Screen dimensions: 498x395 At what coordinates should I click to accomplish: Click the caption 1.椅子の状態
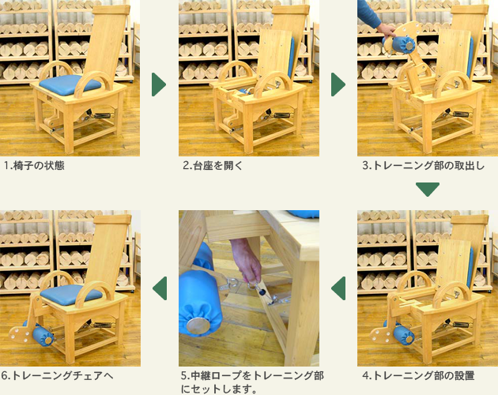34,165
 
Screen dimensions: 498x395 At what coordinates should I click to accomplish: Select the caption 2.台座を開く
213,165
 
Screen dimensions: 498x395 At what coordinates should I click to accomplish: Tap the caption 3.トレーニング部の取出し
424,165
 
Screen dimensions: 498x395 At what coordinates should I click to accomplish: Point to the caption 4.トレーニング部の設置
418,375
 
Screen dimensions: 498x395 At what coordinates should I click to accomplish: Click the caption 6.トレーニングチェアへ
57,375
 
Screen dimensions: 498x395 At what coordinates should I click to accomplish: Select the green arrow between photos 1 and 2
159,85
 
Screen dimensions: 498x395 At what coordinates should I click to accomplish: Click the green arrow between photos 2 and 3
338,85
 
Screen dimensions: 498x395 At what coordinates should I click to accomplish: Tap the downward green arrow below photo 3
428,190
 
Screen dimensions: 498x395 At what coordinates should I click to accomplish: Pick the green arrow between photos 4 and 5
338,288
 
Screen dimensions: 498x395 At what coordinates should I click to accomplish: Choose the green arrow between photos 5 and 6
160,288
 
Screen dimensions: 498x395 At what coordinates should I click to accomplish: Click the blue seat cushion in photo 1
70,85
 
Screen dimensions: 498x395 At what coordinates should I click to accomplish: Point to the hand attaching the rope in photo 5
247,261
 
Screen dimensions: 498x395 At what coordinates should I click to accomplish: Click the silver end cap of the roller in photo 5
198,325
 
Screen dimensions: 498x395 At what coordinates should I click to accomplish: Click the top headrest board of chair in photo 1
111,9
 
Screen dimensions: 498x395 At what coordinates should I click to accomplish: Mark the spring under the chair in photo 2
281,115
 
